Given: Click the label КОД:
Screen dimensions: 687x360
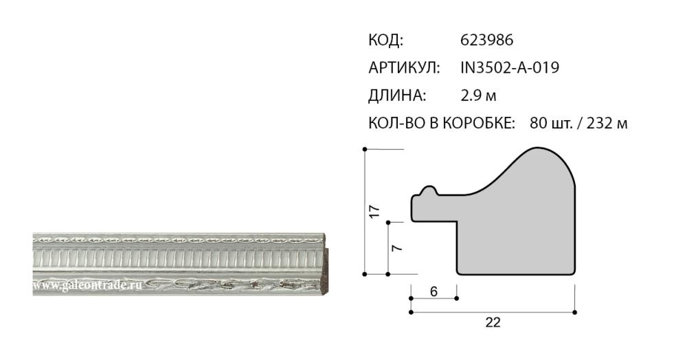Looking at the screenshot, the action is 385,41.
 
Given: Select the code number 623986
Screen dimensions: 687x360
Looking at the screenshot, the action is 486,41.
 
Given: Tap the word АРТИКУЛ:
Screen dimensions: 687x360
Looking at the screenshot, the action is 404,68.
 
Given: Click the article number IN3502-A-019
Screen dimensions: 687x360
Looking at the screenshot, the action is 510,68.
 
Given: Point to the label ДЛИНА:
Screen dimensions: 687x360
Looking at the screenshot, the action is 397,95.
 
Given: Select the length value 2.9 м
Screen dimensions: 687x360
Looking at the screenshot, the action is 478,95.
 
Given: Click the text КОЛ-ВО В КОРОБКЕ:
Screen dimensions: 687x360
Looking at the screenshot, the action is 442,123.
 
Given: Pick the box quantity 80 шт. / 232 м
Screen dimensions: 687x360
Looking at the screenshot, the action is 578,123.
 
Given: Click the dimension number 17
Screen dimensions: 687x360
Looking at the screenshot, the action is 374,212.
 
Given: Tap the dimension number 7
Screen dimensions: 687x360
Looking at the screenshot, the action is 396,248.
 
